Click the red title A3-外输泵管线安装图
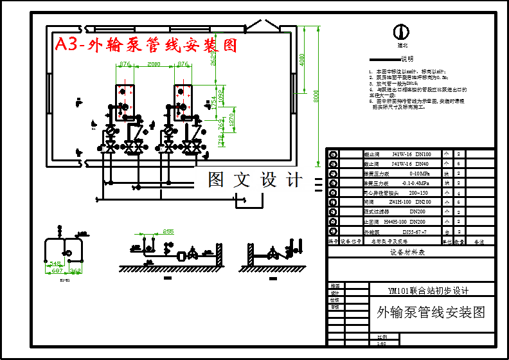(x=146, y=45)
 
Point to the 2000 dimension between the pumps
(x=154, y=64)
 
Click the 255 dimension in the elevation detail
(x=168, y=231)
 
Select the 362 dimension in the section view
(x=75, y=272)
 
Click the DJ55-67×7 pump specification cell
(x=414, y=231)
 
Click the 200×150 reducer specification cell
(x=414, y=192)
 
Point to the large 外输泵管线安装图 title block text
(x=430, y=313)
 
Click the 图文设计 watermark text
(x=254, y=181)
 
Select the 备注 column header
(x=478, y=241)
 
